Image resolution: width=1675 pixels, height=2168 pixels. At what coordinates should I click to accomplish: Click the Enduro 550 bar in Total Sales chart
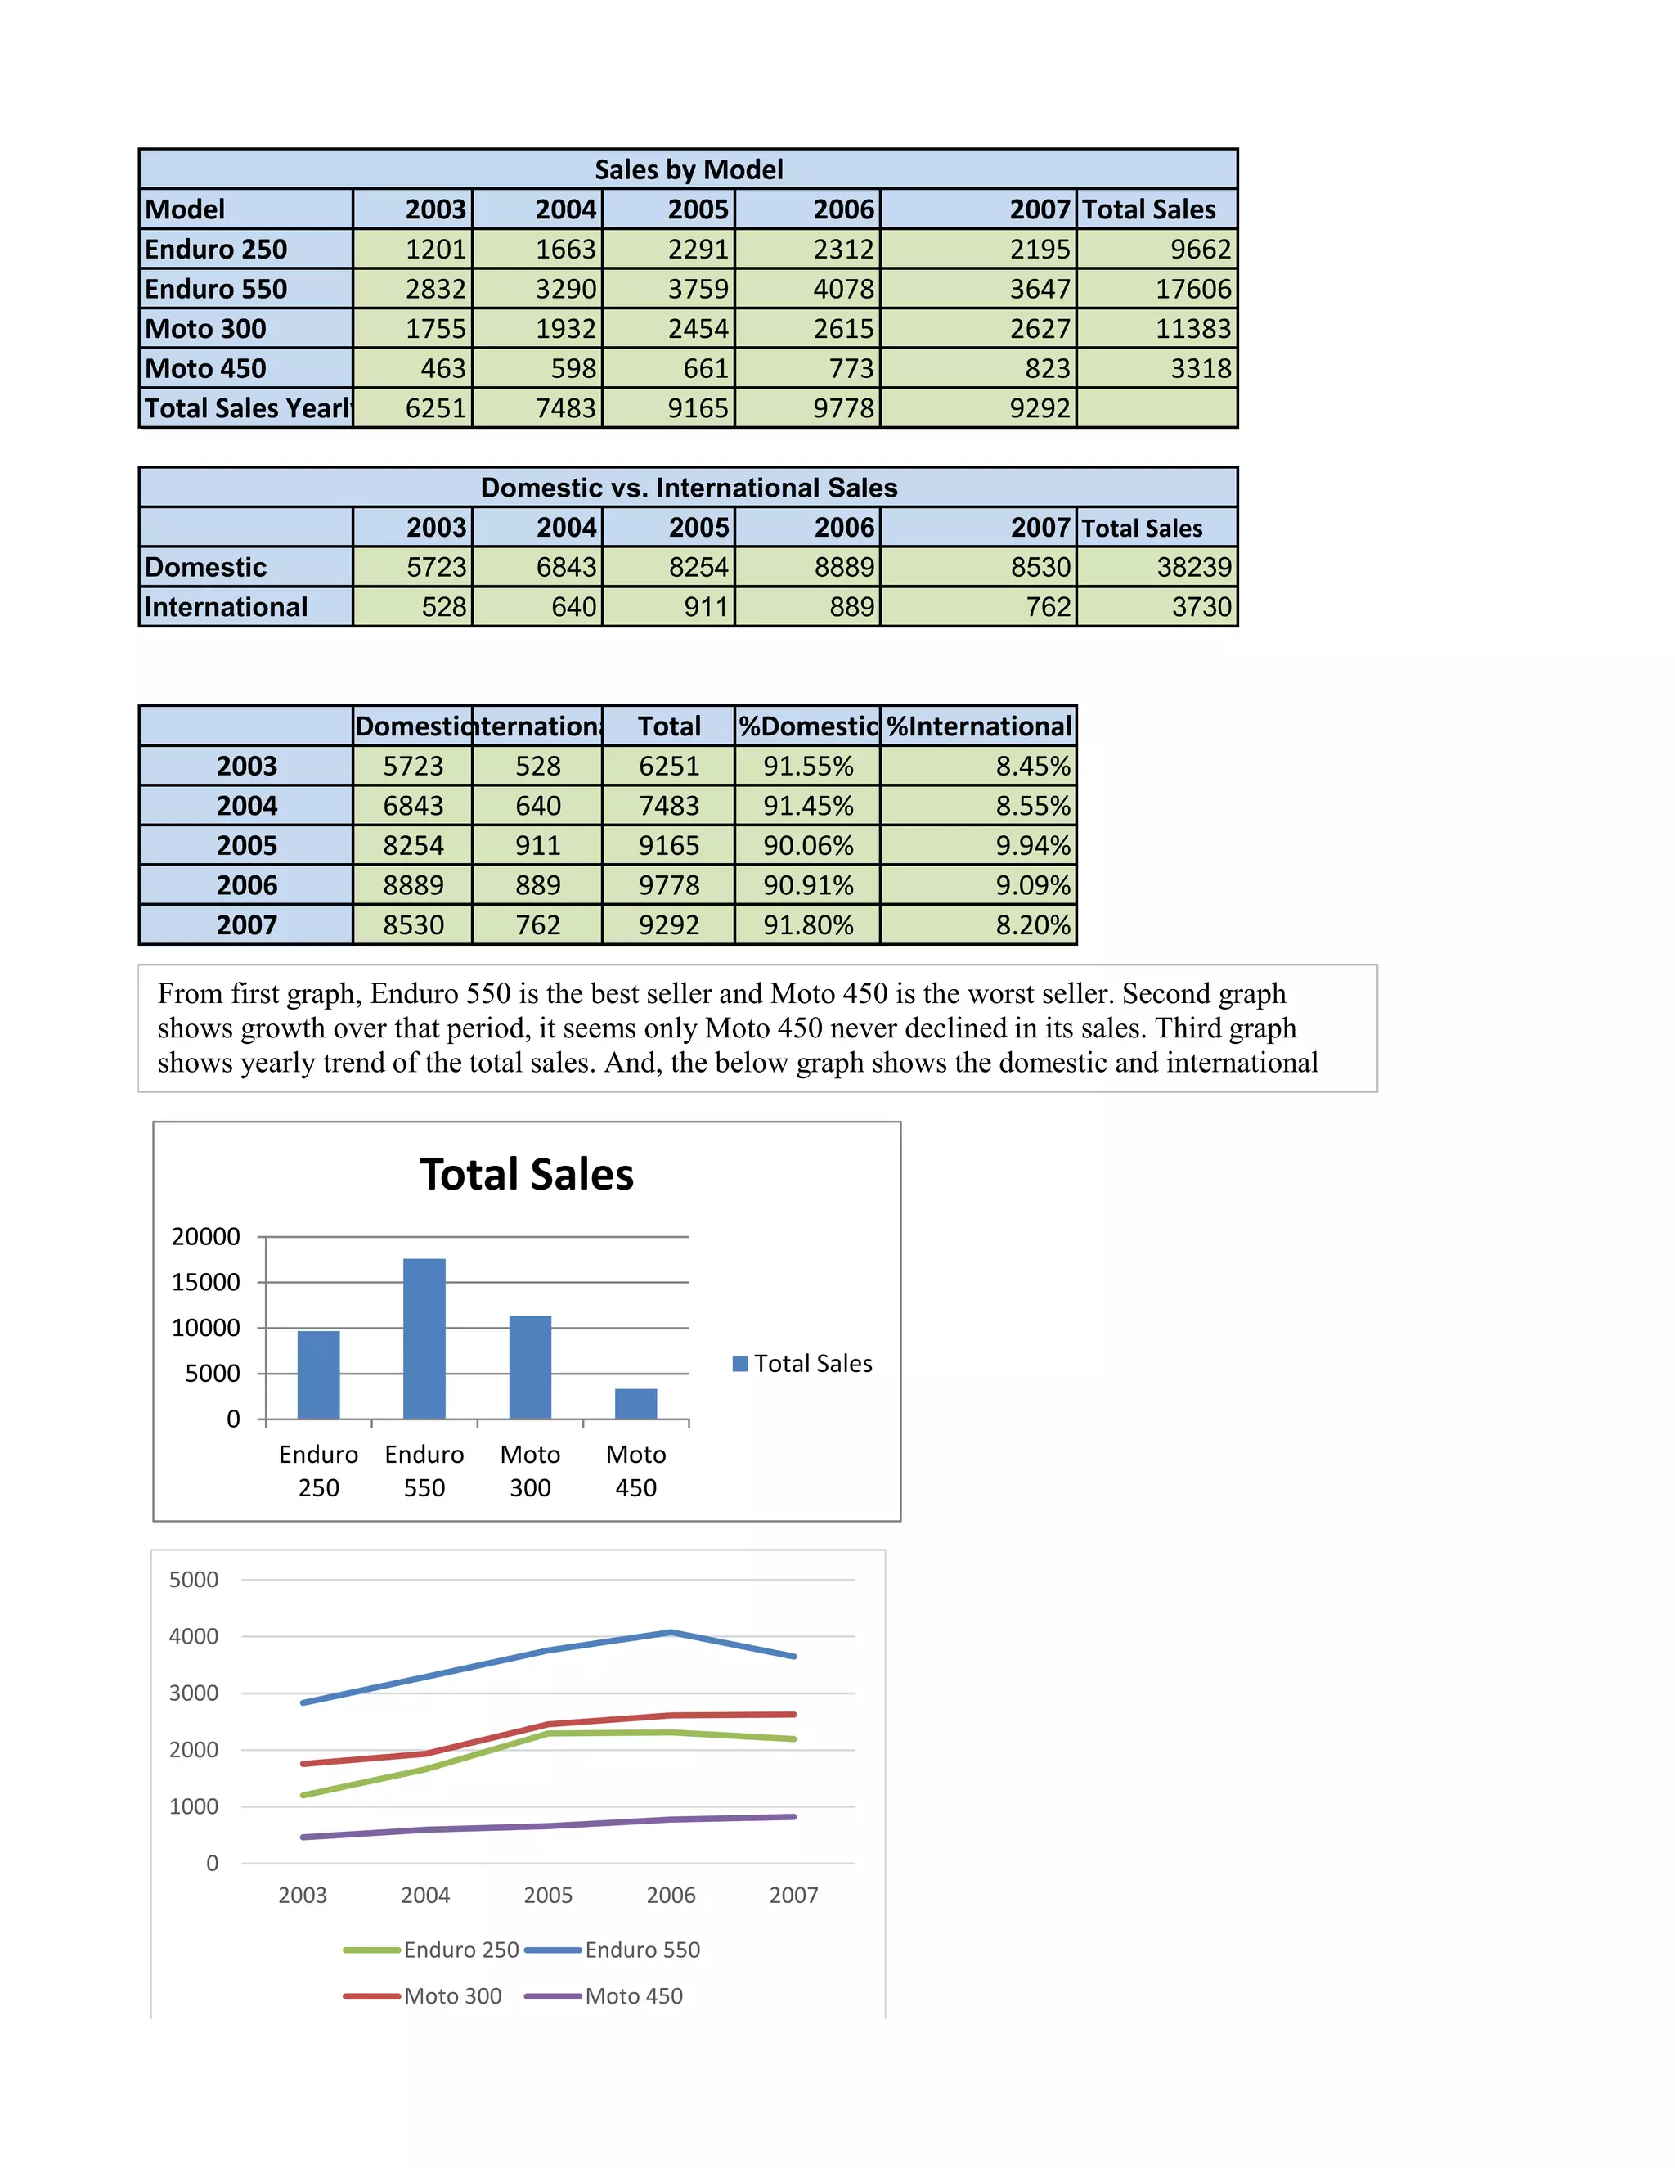[x=424, y=1338]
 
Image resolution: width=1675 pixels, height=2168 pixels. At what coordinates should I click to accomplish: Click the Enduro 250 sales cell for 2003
[x=436, y=250]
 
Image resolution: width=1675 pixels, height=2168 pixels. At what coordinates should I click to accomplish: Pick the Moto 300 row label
[x=205, y=329]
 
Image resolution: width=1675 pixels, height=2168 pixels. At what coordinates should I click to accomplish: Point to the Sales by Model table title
[x=689, y=169]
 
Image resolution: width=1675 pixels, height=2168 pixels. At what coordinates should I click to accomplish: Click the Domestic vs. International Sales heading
[x=689, y=488]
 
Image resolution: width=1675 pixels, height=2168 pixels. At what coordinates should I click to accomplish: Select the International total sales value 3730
[x=1201, y=606]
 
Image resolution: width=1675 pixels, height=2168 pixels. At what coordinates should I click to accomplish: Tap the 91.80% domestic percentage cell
[x=808, y=925]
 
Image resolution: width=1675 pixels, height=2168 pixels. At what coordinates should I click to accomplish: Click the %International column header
[x=978, y=726]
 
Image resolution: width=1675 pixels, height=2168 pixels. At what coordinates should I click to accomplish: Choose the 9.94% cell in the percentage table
[x=1033, y=846]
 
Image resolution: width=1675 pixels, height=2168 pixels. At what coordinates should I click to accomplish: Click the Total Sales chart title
[x=526, y=1174]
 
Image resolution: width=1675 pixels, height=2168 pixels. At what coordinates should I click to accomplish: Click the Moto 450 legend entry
[x=633, y=1996]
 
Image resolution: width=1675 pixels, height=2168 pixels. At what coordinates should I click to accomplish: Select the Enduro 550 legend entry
[x=642, y=1950]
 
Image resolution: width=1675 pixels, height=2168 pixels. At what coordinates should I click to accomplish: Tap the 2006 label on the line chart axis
[x=671, y=1895]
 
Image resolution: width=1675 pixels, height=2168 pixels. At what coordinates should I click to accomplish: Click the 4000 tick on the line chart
[x=194, y=1636]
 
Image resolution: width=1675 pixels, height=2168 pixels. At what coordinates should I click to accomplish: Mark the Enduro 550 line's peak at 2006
[x=671, y=1632]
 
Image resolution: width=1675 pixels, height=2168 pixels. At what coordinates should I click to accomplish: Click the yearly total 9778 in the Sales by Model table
[x=843, y=408]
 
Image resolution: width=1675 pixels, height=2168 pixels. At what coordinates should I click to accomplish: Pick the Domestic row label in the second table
[x=205, y=567]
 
